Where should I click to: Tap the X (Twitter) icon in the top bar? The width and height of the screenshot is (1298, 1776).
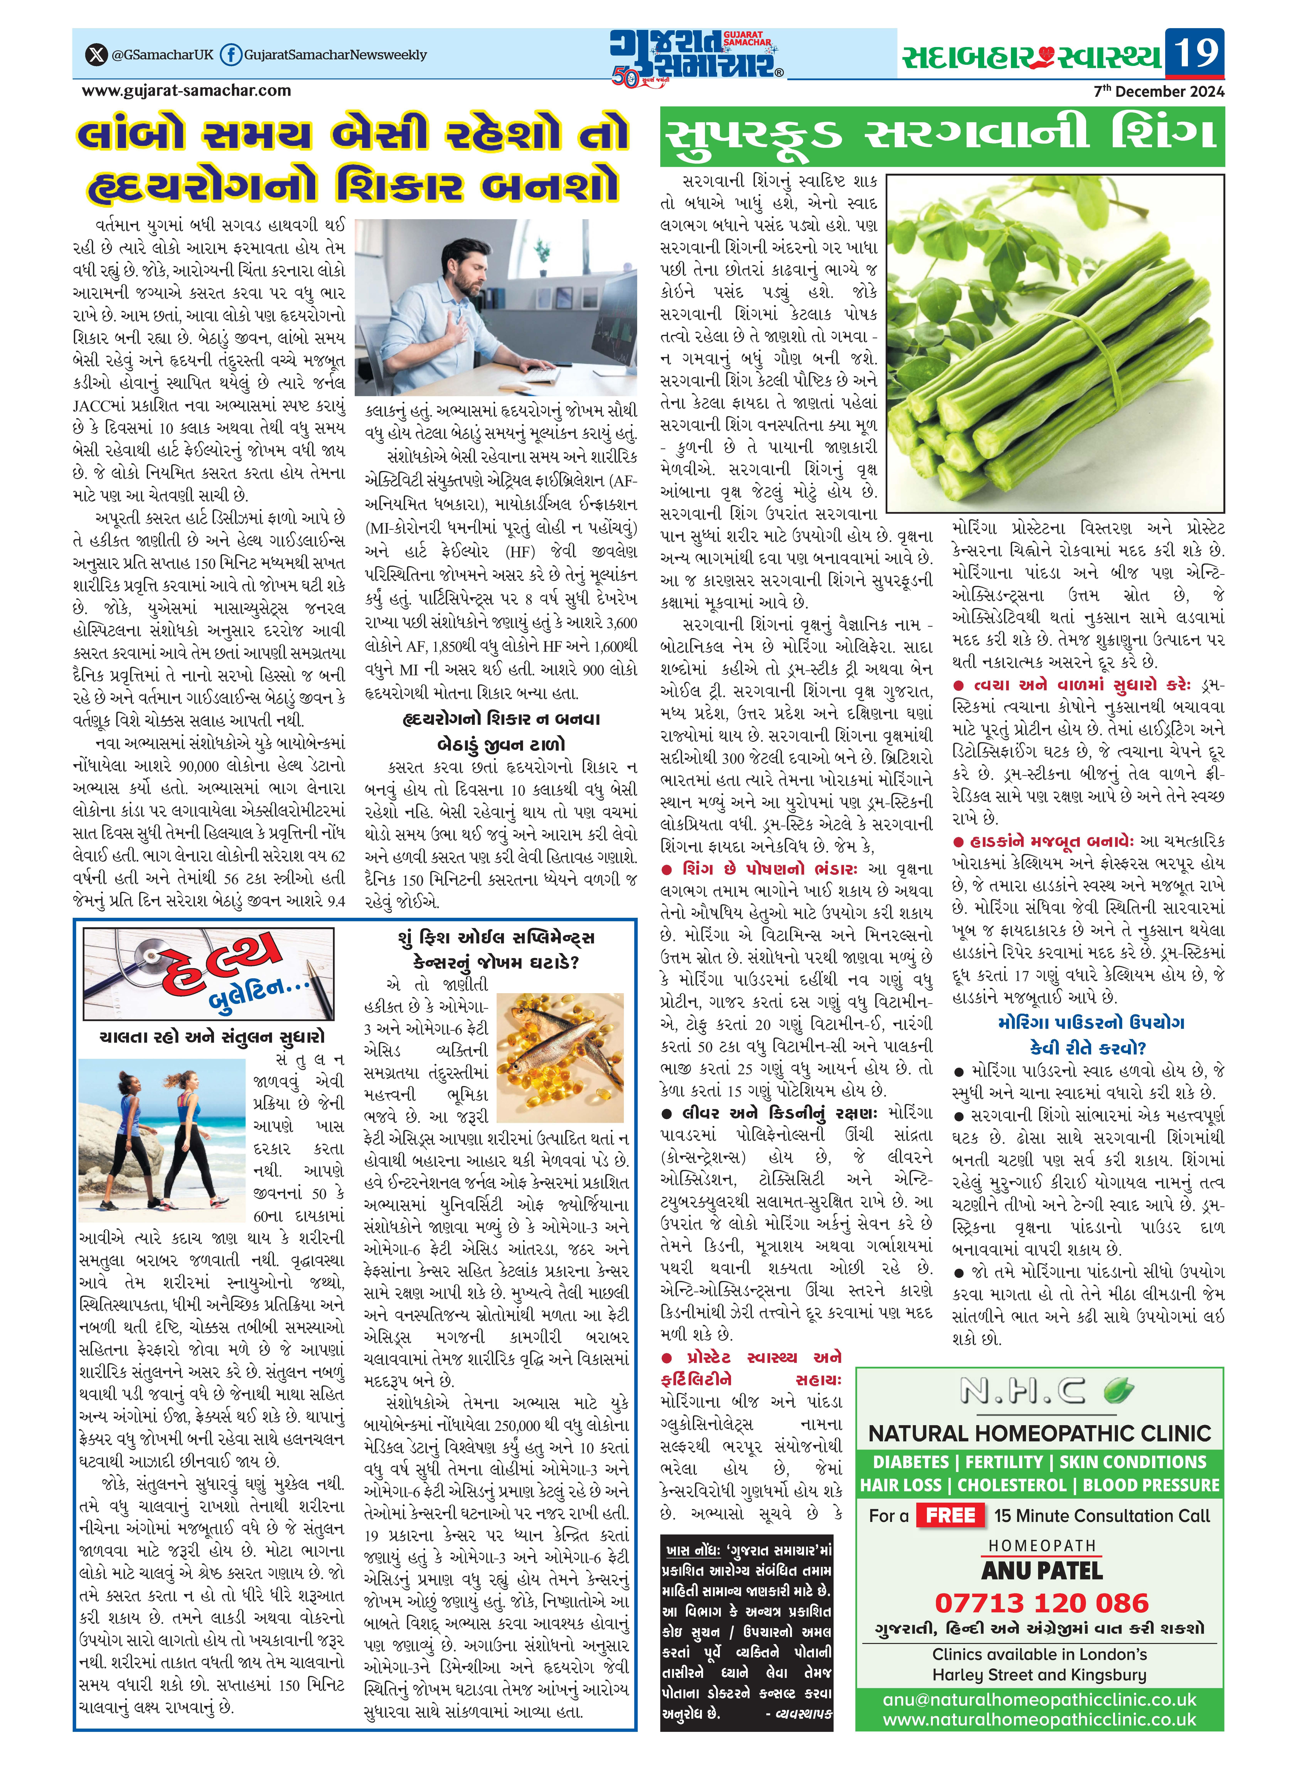point(96,55)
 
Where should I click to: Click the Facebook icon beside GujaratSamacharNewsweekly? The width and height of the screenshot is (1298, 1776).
point(230,55)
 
